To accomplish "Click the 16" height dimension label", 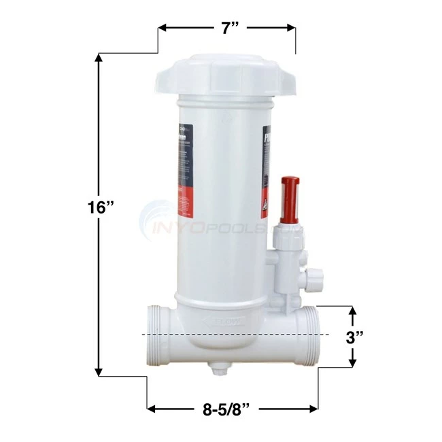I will pyautogui.click(x=103, y=207).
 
